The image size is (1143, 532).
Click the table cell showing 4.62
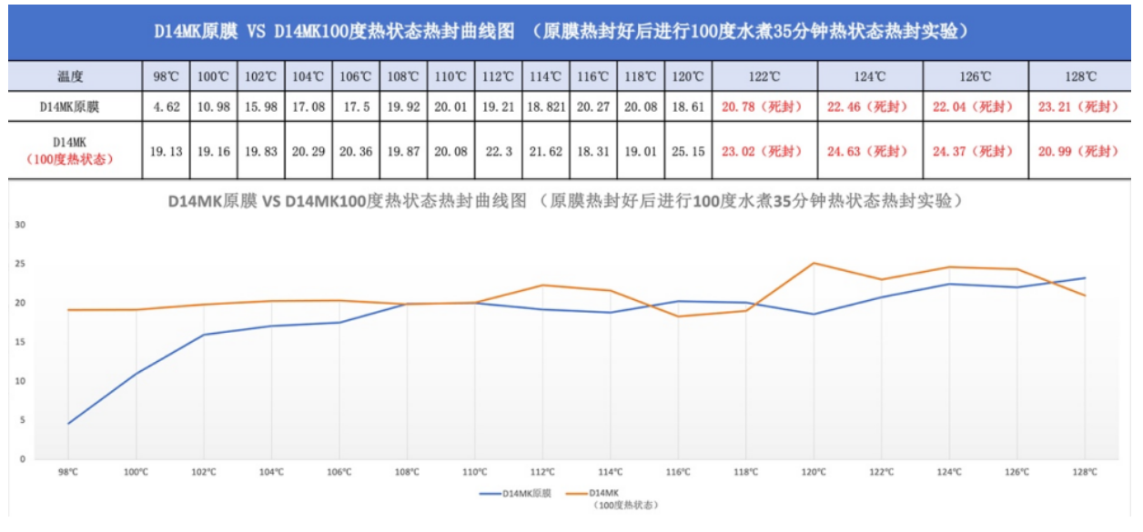click(x=167, y=107)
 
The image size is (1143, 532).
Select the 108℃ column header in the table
click(x=403, y=77)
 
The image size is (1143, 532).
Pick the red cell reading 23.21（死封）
click(x=1078, y=107)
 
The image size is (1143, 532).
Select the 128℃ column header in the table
click(x=1078, y=77)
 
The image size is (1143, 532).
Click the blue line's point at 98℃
click(x=68, y=423)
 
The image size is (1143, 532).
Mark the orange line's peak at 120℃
click(x=814, y=264)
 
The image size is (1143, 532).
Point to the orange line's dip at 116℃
click(x=678, y=316)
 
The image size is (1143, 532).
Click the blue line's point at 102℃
click(x=204, y=335)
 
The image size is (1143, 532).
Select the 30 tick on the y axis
click(x=21, y=225)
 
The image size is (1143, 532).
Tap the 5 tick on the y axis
click(x=23, y=420)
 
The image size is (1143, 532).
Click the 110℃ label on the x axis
click(x=474, y=472)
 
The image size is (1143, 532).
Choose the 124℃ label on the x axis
click(x=949, y=472)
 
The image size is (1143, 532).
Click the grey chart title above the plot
click(x=564, y=202)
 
